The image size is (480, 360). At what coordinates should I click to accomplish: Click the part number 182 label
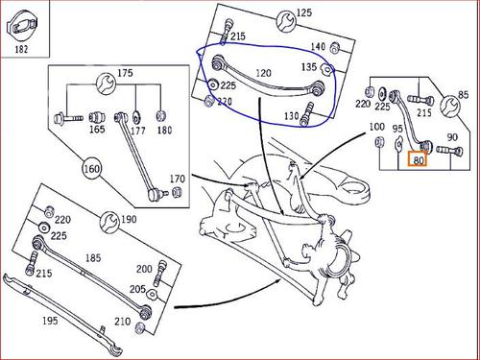(x=21, y=49)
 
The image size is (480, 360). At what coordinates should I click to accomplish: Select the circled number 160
(x=92, y=168)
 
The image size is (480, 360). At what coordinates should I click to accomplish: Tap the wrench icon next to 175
(x=107, y=84)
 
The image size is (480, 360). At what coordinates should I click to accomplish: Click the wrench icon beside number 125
(x=286, y=21)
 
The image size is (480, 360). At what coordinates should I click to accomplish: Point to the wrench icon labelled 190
(x=109, y=221)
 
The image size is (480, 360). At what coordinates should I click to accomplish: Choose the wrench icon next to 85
(x=450, y=106)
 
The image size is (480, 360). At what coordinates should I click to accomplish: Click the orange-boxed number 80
(x=419, y=159)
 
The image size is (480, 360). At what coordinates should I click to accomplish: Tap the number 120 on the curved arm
(x=263, y=73)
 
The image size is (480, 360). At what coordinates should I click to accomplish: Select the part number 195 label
(x=50, y=320)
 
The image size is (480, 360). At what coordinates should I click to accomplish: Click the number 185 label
(x=93, y=257)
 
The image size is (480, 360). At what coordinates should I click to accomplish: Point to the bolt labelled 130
(x=306, y=114)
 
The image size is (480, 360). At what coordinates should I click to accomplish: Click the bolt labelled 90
(x=449, y=151)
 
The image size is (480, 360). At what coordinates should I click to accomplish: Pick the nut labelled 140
(x=335, y=48)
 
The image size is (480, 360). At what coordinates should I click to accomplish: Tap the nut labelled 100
(x=379, y=141)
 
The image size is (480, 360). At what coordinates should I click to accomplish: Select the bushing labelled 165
(x=96, y=117)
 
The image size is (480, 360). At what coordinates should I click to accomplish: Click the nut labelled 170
(x=177, y=192)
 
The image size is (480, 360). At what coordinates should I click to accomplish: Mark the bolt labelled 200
(x=159, y=273)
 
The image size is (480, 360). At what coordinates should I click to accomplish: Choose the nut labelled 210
(x=139, y=327)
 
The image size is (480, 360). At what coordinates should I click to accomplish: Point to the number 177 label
(x=138, y=131)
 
